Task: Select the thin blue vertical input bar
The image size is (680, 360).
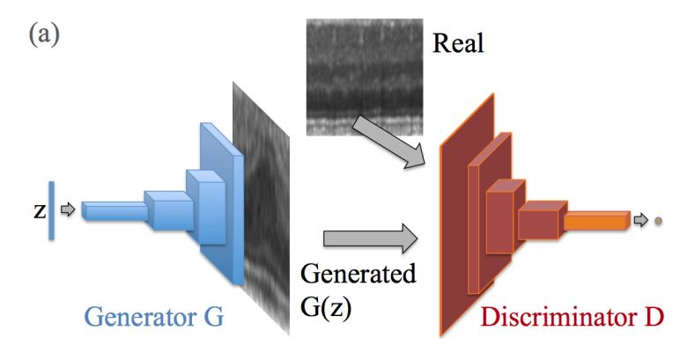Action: [x=53, y=209]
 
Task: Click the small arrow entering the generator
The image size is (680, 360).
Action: [x=70, y=210]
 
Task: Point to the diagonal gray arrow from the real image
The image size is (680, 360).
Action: [x=386, y=141]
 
